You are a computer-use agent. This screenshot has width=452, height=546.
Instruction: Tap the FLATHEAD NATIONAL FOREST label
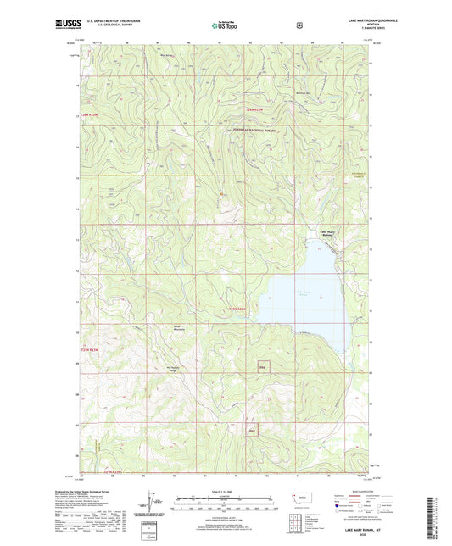point(254,129)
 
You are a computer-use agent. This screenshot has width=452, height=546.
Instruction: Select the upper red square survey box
point(263,367)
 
